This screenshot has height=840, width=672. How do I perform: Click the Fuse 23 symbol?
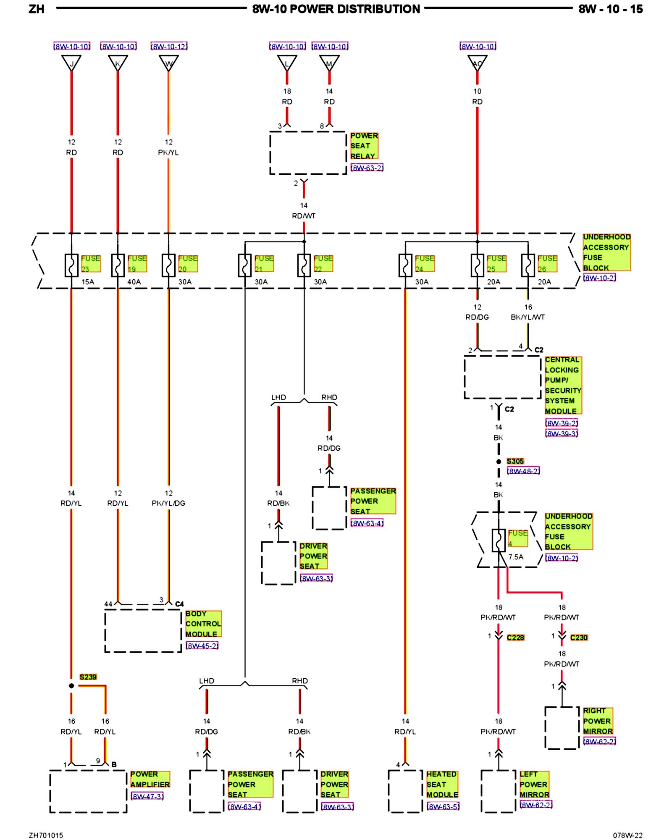tap(71, 265)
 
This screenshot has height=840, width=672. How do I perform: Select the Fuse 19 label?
tap(137, 263)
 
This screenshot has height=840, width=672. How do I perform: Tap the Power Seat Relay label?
tap(364, 146)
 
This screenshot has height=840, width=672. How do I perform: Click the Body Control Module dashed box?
tap(143, 631)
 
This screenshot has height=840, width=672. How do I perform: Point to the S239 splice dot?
tap(71, 686)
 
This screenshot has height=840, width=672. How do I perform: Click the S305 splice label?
tap(515, 461)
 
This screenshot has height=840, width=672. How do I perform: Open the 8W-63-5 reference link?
tap(443, 806)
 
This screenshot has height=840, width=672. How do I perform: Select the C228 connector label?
tap(515, 638)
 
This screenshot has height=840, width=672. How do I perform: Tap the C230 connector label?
tap(579, 638)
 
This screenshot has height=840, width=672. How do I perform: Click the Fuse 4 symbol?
tap(499, 540)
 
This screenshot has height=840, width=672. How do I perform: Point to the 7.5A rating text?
tap(516, 557)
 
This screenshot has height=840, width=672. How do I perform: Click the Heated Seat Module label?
tap(442, 784)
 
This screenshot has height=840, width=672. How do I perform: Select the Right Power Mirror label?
tap(598, 721)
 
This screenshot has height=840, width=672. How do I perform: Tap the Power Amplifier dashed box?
tap(88, 791)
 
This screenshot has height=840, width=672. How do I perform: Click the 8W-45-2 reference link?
tap(202, 646)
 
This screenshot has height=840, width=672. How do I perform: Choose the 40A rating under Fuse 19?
tap(134, 282)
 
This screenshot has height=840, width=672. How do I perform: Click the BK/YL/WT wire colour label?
tap(528, 317)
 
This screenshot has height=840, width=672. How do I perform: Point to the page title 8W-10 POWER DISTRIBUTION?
tap(336, 9)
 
